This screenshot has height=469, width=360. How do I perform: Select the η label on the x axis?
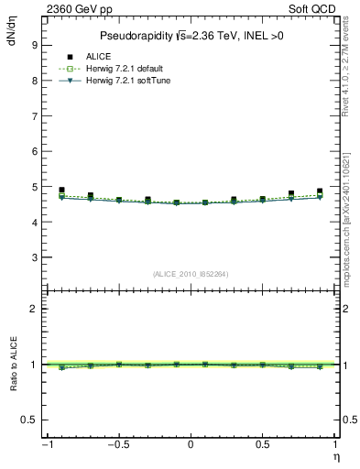click(335, 457)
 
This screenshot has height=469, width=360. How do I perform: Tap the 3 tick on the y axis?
click(34, 258)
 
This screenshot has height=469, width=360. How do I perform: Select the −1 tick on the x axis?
click(46, 445)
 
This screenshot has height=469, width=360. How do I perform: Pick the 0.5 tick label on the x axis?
click(262, 445)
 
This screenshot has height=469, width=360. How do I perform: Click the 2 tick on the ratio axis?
click(33, 310)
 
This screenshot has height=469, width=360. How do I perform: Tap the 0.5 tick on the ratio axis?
click(29, 420)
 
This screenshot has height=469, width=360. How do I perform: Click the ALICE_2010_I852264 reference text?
click(190, 274)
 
